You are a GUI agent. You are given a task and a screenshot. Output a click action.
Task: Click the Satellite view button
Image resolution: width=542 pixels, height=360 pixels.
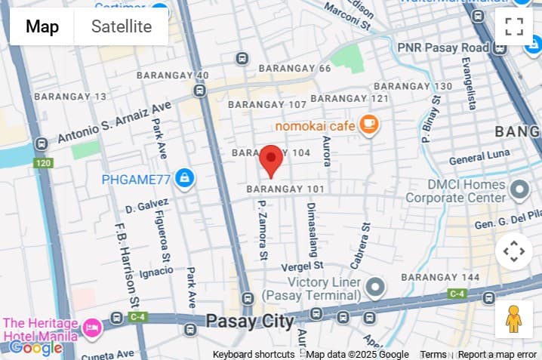tap(121, 27)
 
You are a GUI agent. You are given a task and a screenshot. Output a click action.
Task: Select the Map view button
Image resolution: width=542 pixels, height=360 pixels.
tap(42, 27)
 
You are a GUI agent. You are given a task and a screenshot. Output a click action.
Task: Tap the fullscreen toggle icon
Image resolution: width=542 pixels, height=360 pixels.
tap(514, 26)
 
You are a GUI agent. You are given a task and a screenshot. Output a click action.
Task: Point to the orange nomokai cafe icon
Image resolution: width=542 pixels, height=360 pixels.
tap(368, 124)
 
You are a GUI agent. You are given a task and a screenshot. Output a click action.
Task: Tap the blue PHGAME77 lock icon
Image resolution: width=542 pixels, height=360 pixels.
tap(183, 179)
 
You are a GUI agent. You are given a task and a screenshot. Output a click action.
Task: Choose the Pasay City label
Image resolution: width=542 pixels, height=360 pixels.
tap(250, 322)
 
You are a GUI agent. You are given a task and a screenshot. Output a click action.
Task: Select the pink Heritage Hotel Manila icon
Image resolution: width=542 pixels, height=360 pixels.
tap(91, 328)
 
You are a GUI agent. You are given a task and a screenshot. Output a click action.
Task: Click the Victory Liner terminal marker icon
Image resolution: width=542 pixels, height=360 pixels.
tap(375, 287)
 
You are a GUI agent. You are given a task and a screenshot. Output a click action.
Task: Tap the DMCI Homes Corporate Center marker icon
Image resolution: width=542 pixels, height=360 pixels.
tap(519, 189)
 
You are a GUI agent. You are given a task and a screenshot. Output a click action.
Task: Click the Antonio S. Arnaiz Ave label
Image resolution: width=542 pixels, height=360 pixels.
tap(115, 123)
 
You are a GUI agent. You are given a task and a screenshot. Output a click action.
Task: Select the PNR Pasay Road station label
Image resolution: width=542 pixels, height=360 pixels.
tap(443, 48)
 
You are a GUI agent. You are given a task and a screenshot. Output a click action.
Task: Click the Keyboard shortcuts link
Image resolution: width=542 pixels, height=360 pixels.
tap(254, 355)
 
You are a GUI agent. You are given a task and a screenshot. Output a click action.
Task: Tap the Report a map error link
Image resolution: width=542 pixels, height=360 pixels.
tap(497, 355)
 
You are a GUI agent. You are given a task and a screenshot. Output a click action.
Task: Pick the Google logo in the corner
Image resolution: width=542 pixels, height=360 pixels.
tap(35, 348)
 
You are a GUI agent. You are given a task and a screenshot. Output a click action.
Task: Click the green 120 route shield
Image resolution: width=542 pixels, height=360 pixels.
tap(42, 163)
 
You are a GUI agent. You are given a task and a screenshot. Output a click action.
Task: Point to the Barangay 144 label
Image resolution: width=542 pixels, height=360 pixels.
tap(440, 277)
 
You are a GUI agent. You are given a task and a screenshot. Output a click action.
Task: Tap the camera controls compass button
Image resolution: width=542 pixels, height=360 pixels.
tap(514, 251)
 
